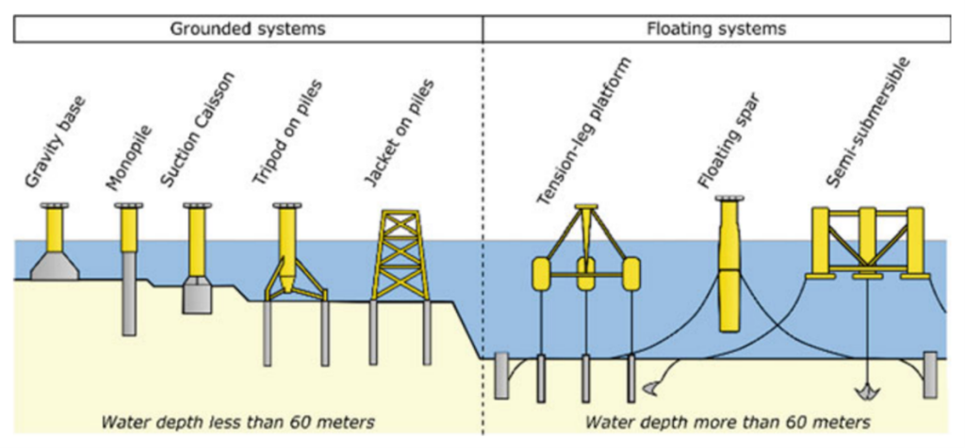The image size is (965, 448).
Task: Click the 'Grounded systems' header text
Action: tap(247, 28)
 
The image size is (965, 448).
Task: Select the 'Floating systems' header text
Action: tap(717, 28)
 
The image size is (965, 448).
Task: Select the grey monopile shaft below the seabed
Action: tap(128, 306)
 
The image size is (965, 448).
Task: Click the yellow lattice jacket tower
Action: tap(401, 254)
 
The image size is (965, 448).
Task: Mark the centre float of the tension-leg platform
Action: tap(585, 273)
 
